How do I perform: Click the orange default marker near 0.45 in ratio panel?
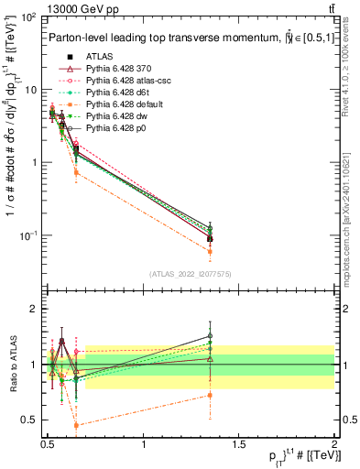point(76,425)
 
